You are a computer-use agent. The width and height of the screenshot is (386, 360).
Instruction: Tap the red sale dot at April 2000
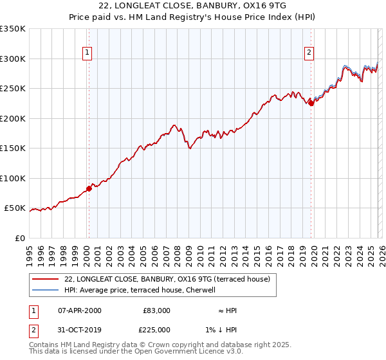89,188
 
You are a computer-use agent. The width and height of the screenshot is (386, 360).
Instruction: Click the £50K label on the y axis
15,208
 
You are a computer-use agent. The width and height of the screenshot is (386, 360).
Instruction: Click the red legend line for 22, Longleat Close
46,279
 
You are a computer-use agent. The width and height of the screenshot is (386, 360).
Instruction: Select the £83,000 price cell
156,310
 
